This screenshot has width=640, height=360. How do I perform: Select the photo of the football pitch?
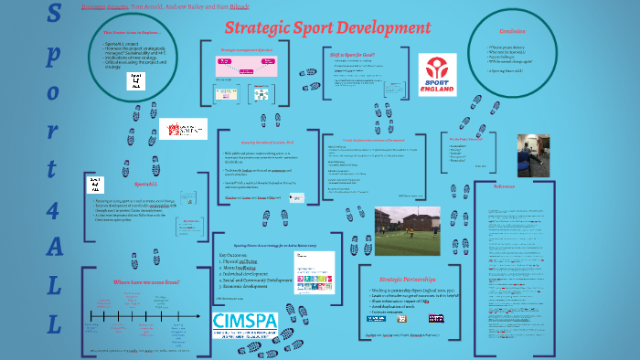(407, 229)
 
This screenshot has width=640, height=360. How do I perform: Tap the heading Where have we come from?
(146, 284)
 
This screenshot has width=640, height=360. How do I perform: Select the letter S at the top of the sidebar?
(55, 16)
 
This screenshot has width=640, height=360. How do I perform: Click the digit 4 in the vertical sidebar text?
(54, 207)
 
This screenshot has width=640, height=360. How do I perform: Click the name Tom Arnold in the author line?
(147, 5)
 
